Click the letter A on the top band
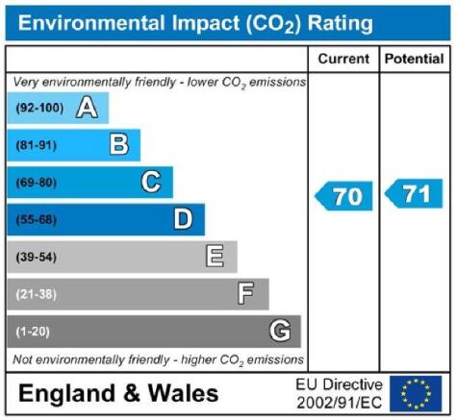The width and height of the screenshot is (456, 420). pos(87,108)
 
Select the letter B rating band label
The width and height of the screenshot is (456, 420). pos(119,144)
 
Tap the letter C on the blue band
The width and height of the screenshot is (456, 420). pos(151,182)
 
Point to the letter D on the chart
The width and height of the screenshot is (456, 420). pos(183,219)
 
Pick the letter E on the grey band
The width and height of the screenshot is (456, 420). pos(215,257)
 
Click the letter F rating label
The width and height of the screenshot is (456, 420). pos(245,293)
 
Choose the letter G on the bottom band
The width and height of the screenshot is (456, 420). pos(280,331)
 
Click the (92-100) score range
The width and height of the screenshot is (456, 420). pos(39,108)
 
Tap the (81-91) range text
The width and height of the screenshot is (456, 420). pos(37,145)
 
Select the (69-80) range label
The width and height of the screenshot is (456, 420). pos(37,183)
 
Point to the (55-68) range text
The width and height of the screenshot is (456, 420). pos(37,220)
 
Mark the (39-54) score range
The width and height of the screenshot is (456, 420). pos(37,257)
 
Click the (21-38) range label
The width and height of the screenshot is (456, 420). pos(37,294)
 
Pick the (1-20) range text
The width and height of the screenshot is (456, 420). pos(33,332)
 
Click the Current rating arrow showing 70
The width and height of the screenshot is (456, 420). pos(343,196)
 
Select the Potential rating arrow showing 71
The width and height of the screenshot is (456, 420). pos(414,193)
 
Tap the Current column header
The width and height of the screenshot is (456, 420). pos(343,59)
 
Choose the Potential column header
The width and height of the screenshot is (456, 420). pos(415,59)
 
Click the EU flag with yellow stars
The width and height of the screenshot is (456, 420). pos(416,394)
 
